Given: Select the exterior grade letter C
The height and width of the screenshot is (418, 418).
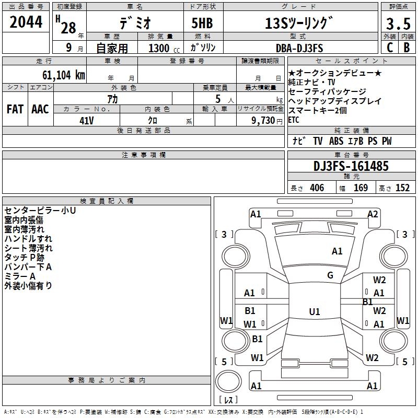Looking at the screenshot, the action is tap(389, 47).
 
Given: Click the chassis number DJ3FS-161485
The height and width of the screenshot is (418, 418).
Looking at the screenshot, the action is tap(351, 167).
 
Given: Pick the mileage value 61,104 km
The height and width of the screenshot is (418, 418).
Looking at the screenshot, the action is tap(58, 75).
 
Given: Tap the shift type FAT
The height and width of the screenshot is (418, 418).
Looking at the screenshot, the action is tap(15, 109).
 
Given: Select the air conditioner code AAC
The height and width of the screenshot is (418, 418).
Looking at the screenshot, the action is tap(40, 109).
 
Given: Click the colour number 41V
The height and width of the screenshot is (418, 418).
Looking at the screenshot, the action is tap(87, 120).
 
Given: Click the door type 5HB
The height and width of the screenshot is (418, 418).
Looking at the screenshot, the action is tap(202, 24).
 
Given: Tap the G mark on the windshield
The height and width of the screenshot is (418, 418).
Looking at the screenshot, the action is tap(330, 275).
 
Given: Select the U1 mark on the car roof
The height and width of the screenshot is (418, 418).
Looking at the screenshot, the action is tap(314, 311).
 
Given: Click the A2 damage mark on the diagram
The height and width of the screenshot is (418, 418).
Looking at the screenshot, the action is tap(373, 214).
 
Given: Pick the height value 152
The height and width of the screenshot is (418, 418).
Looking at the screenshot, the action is tap(402, 188).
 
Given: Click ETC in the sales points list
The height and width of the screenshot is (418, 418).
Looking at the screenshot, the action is tap(294, 120).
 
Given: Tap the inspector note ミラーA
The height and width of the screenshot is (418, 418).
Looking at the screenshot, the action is tap(20, 276).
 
